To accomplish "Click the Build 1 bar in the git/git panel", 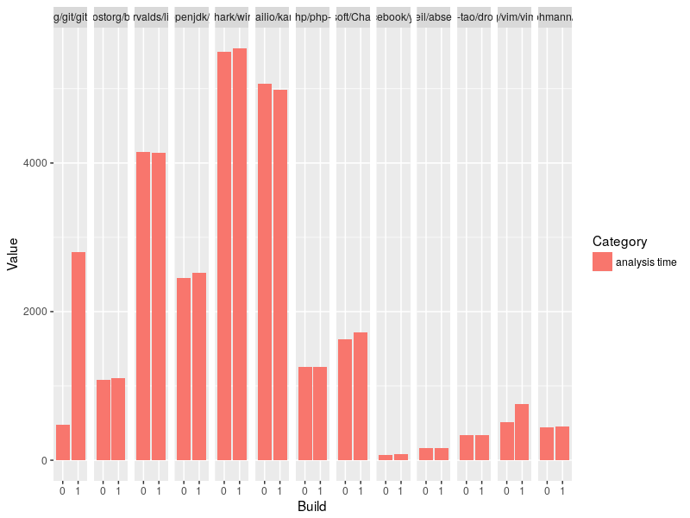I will click(78, 356).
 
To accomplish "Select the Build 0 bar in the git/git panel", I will click(63, 442).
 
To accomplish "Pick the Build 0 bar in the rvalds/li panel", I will click(143, 306).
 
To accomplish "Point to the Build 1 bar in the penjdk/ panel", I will click(199, 366).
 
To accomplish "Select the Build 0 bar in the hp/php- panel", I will click(304, 414).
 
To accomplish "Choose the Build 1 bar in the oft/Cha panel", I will click(361, 396).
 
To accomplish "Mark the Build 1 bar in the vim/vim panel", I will click(522, 432).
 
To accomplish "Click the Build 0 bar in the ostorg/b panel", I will click(103, 420).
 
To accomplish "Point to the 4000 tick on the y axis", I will click(41, 163).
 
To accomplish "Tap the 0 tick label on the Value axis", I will click(43, 460).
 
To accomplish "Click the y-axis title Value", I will click(12, 254).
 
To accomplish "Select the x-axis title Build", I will click(311, 507).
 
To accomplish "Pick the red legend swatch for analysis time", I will click(602, 262).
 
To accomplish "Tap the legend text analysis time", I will click(652, 262).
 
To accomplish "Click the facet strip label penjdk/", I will click(191, 16).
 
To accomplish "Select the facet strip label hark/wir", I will click(232, 16).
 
